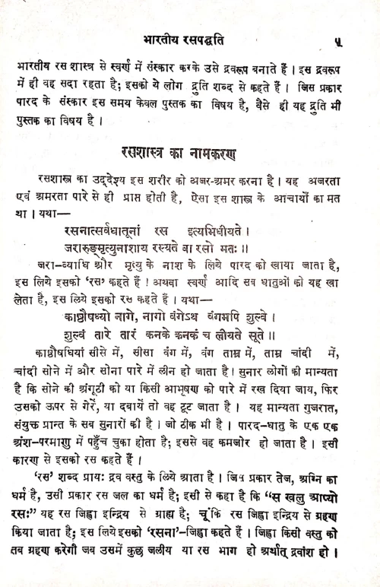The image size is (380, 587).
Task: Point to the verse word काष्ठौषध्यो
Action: [x=98, y=312]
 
